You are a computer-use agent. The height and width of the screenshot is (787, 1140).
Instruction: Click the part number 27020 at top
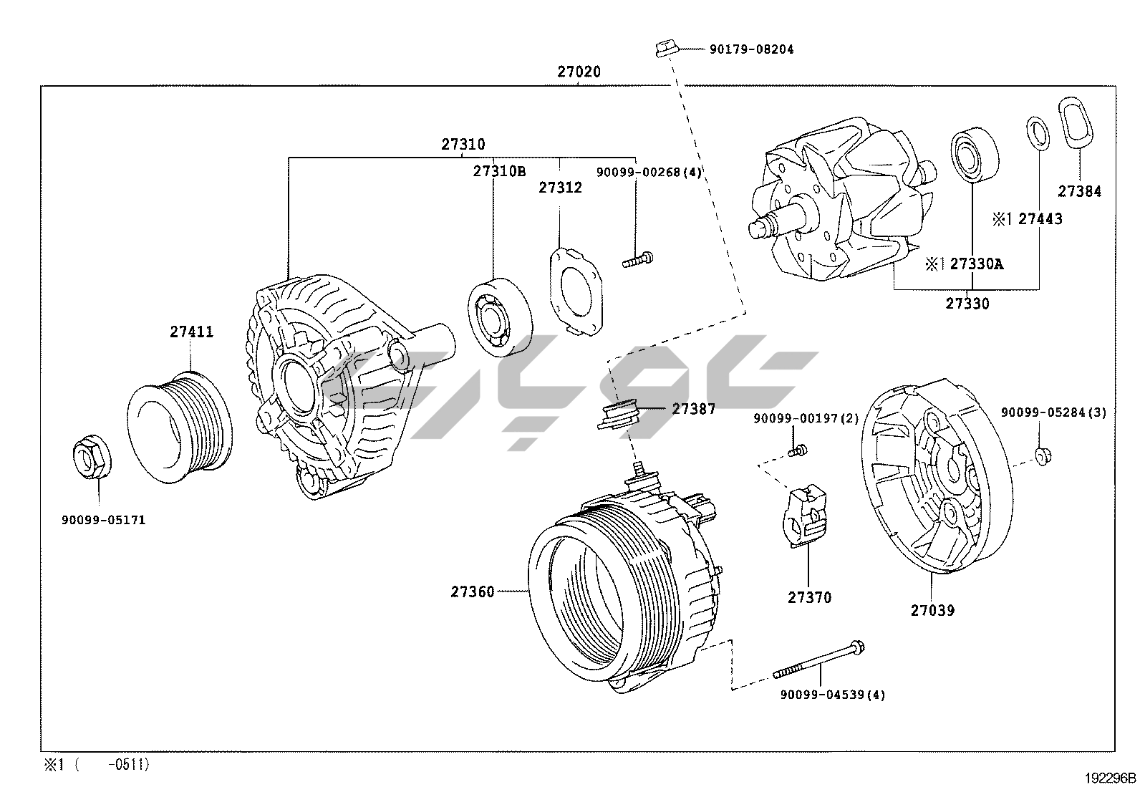coord(579,72)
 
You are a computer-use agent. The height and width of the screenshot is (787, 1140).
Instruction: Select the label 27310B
coord(499,171)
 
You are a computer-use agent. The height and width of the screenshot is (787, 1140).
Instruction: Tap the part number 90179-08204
coord(752,49)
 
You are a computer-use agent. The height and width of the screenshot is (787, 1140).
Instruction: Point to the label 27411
coord(192,332)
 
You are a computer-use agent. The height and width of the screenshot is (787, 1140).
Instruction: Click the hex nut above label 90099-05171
coord(92,457)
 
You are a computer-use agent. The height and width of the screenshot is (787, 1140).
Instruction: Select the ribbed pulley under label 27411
coord(180,428)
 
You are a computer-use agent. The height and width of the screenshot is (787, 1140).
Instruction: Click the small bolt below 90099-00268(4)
coord(638,260)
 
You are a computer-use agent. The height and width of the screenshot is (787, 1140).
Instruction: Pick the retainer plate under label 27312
coord(576,291)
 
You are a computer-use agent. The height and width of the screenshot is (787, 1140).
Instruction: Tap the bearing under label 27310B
coord(500,317)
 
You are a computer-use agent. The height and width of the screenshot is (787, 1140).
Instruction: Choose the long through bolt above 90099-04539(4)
coord(819,660)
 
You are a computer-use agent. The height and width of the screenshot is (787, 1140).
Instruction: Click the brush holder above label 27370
coord(804,515)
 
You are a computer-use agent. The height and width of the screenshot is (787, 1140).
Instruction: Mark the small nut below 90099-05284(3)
coord(1043,456)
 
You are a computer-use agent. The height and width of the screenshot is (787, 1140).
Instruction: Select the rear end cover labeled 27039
coord(937,476)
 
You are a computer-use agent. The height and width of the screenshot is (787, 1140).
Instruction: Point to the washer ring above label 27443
coord(1038,133)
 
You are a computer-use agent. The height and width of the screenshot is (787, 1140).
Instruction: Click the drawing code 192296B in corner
coord(1110,778)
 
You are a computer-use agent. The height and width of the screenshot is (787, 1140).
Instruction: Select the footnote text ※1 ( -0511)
coord(97,765)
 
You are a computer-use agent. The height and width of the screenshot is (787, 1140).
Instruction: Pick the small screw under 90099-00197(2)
coord(797,450)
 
